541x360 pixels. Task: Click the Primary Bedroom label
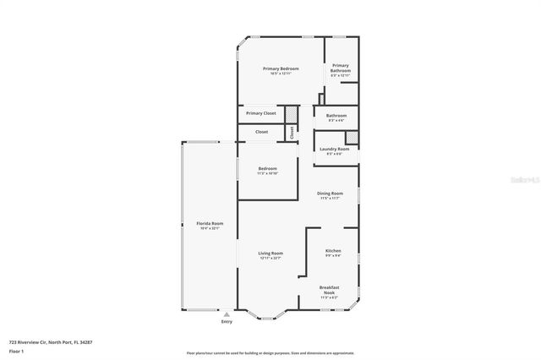click(280, 68)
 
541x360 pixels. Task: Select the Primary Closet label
click(261, 113)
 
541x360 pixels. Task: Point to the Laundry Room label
click(334, 149)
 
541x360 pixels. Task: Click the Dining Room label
click(330, 194)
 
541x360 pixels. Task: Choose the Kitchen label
click(333, 252)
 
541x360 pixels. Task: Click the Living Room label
click(270, 254)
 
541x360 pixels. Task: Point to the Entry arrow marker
click(227, 314)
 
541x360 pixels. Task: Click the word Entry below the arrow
click(227, 322)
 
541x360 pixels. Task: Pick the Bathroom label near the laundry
click(336, 116)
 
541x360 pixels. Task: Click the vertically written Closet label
click(292, 133)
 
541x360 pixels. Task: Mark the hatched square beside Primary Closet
click(291, 114)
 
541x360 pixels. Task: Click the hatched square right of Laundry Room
click(352, 137)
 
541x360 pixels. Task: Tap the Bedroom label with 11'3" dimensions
click(267, 169)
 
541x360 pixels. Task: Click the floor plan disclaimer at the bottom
click(270, 353)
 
